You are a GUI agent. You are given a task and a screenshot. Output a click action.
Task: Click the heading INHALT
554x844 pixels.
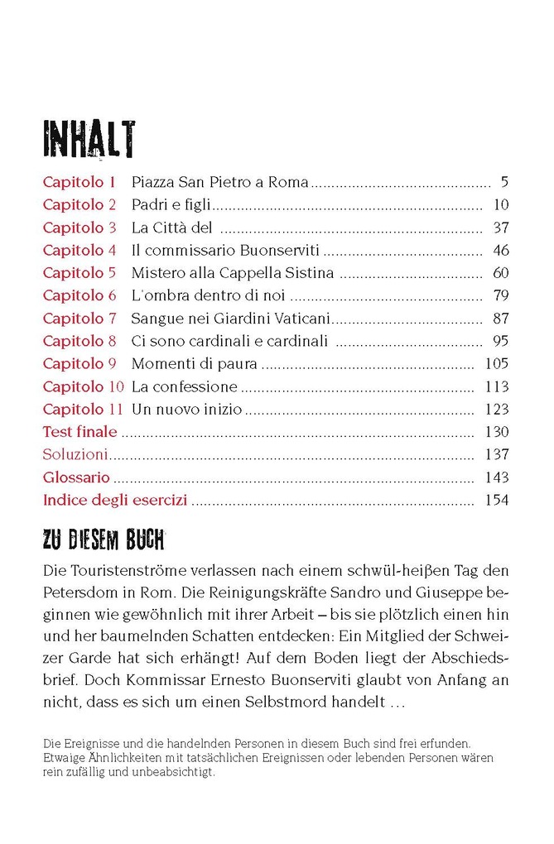pyautogui.click(x=89, y=139)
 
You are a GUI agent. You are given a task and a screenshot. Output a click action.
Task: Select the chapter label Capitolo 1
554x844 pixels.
pyautogui.click(x=79, y=182)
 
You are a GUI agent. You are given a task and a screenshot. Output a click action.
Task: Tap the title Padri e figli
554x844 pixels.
pyautogui.click(x=172, y=205)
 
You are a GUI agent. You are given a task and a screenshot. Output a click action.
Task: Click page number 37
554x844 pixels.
pyautogui.click(x=500, y=228)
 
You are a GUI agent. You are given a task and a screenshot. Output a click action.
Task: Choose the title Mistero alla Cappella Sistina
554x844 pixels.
pyautogui.click(x=233, y=273)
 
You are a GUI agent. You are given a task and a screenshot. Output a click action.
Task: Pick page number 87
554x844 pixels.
pyautogui.click(x=500, y=319)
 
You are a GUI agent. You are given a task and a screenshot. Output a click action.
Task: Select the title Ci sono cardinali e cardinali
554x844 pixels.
pyautogui.click(x=229, y=341)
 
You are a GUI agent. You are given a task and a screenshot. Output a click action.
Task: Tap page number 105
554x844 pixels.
pyautogui.click(x=497, y=363)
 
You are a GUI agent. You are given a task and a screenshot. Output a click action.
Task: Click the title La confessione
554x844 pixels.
pyautogui.click(x=185, y=386)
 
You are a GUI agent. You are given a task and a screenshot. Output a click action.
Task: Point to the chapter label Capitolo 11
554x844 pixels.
pyautogui.click(x=83, y=409)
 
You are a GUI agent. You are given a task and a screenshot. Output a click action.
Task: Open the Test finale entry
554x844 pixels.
pyautogui.click(x=79, y=431)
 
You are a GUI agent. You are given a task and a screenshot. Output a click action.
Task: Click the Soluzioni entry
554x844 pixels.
pyautogui.click(x=75, y=454)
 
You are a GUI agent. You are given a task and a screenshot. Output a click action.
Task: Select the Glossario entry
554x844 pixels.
pyautogui.click(x=76, y=477)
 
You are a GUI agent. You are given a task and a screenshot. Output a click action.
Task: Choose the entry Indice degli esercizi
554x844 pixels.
pyautogui.click(x=115, y=500)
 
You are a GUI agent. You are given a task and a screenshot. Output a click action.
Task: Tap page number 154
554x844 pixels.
pyautogui.click(x=497, y=500)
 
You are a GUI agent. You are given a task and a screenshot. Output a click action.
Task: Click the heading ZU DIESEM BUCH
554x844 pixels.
pyautogui.click(x=104, y=543)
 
